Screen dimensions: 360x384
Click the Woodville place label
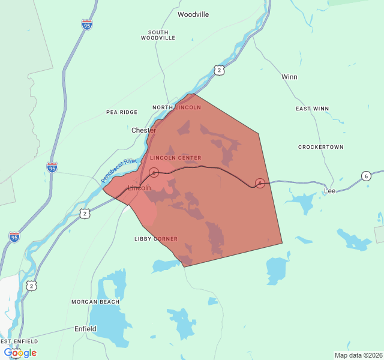point(193,14)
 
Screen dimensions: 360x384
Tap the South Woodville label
point(158,35)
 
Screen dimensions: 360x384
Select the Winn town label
point(289,77)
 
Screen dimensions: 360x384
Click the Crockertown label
point(321,147)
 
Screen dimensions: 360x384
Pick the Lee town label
point(329,191)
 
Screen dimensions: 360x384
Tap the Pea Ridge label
point(122,112)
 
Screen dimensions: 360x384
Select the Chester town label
point(143,130)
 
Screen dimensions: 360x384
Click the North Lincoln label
point(176,107)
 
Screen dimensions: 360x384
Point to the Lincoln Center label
point(175,158)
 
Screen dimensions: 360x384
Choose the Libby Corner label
point(156,239)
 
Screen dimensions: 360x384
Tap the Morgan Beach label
point(95,302)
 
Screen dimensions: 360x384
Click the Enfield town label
point(85,329)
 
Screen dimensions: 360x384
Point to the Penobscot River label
point(119,170)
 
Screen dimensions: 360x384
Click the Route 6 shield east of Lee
point(366,176)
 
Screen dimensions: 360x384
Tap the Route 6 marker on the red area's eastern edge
point(260,182)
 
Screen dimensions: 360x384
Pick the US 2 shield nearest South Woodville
point(220,70)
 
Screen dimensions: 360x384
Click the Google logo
point(20,353)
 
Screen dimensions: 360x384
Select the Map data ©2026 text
point(358,355)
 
